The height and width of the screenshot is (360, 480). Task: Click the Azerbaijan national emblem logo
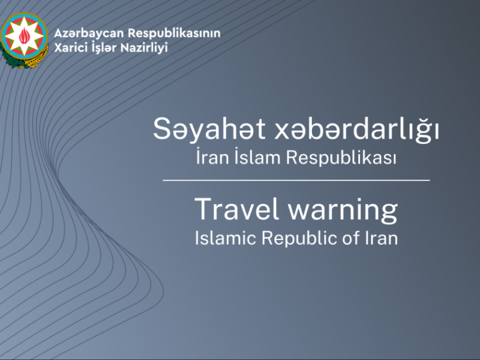click(24, 39)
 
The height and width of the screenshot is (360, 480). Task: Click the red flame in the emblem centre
click(25, 37)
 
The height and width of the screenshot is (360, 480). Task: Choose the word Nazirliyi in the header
click(147, 46)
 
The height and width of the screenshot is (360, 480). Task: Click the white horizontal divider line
click(296, 180)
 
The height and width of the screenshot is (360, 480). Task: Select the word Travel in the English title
click(231, 209)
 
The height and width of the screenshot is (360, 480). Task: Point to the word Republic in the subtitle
click(290, 238)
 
